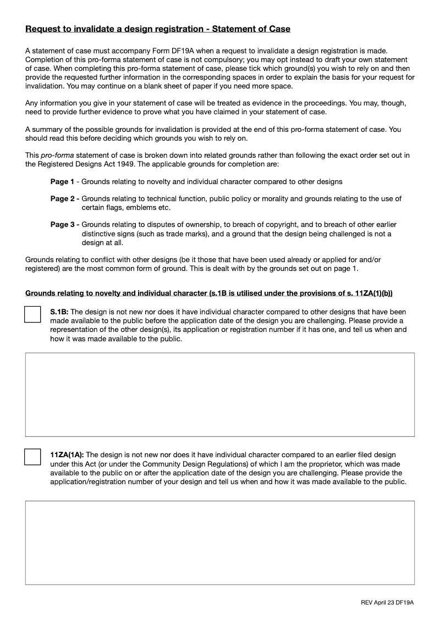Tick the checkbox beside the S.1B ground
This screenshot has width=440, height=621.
(x=33, y=314)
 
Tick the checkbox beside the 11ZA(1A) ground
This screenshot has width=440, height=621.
(x=33, y=457)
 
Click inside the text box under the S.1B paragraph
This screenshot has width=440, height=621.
(x=220, y=395)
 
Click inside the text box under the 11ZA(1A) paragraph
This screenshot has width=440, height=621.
(x=220, y=542)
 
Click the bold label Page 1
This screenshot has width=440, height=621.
(x=62, y=182)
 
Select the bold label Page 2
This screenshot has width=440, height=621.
(x=63, y=199)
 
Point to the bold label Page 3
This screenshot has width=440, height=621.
(x=63, y=225)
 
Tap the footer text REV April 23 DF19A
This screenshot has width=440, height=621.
(x=387, y=603)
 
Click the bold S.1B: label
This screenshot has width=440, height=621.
(x=59, y=312)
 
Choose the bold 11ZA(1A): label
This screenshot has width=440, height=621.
(x=67, y=455)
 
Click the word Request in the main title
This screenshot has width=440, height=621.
(x=43, y=29)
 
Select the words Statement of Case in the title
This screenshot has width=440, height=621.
(x=251, y=29)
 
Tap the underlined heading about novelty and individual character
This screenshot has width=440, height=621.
(x=209, y=293)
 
